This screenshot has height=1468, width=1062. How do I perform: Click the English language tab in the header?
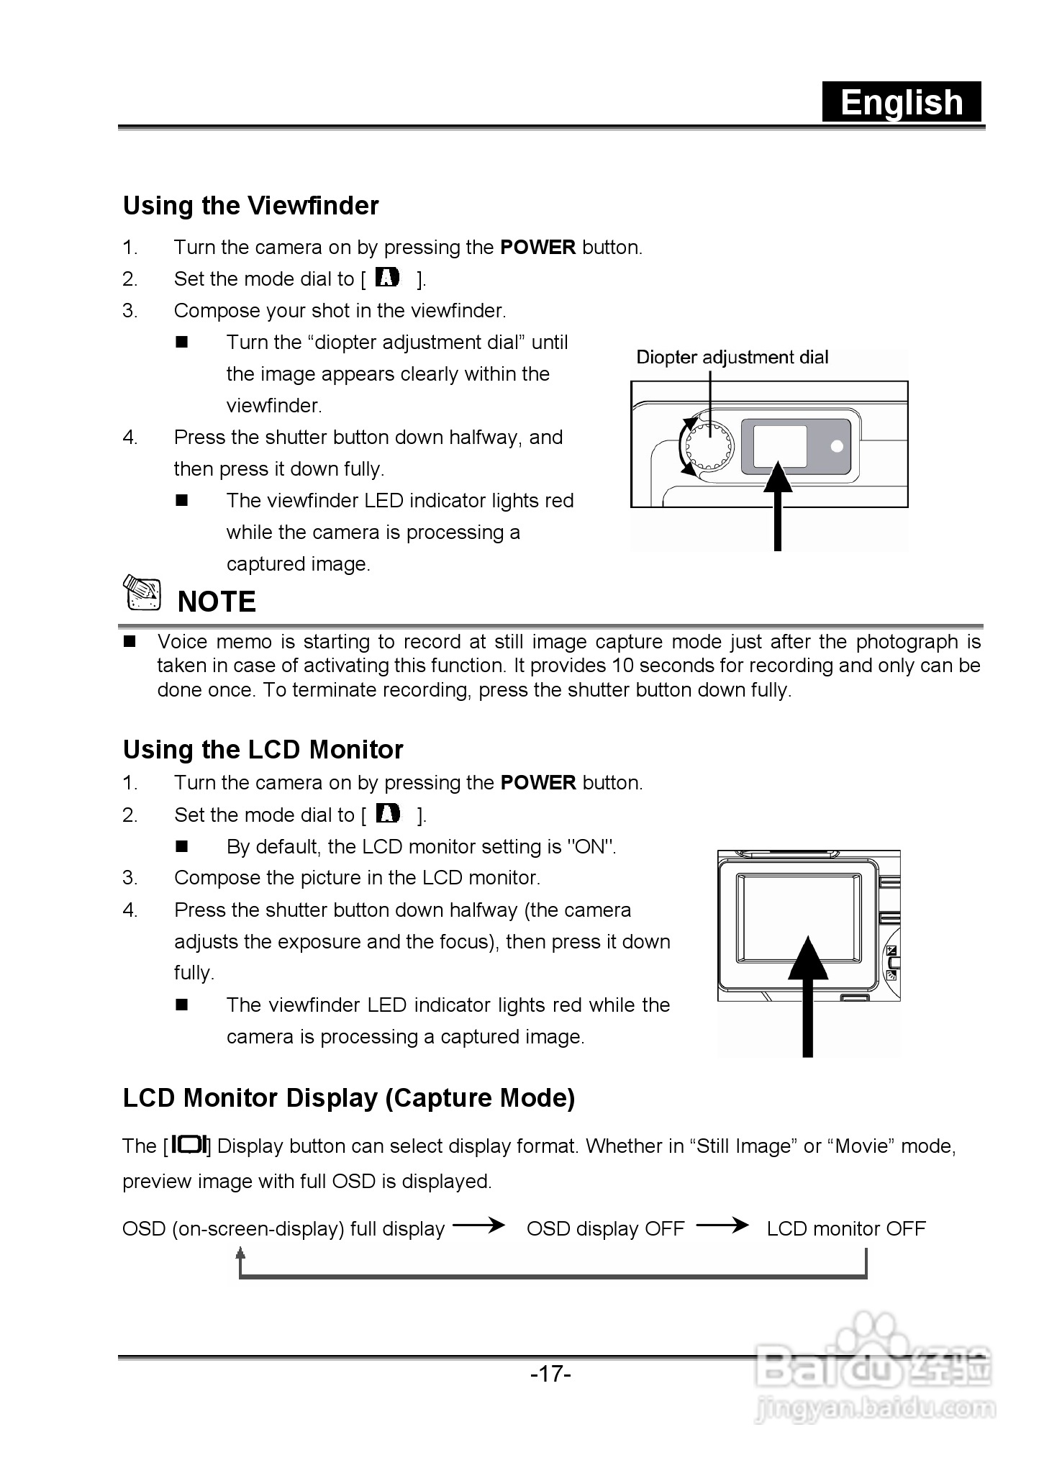click(x=902, y=102)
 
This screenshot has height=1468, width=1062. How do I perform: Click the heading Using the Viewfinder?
click(x=250, y=206)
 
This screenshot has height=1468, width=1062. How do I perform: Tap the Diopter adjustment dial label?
click(x=732, y=358)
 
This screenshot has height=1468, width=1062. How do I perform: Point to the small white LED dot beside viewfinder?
click(x=836, y=446)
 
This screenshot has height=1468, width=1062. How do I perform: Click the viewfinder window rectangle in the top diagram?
click(x=779, y=446)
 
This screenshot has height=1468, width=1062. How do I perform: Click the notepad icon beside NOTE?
click(x=142, y=594)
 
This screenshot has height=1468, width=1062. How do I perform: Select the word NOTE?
click(x=217, y=602)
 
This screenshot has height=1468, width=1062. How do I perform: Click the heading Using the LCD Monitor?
click(x=263, y=750)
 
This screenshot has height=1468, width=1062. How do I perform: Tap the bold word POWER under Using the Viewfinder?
click(x=537, y=248)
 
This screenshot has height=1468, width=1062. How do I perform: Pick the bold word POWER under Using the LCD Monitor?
click(x=538, y=783)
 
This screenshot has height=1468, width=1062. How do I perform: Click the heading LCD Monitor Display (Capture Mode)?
click(x=349, y=1098)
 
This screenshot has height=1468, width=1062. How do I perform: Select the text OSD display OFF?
click(x=605, y=1228)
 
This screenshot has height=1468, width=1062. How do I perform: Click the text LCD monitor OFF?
click(x=845, y=1228)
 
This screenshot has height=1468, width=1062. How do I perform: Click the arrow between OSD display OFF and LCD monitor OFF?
click(x=722, y=1225)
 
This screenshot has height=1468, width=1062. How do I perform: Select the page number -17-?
click(x=550, y=1374)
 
